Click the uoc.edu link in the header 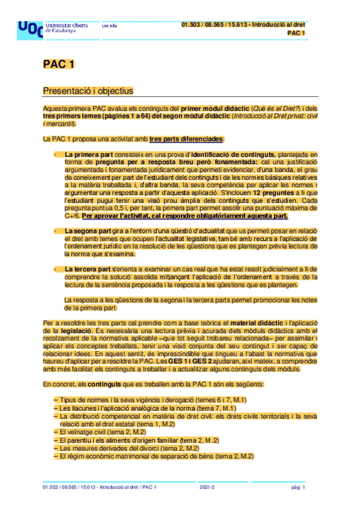[109, 25]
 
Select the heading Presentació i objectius [88, 91]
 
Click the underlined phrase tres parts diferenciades [186, 139]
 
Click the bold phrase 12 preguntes [256, 192]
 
